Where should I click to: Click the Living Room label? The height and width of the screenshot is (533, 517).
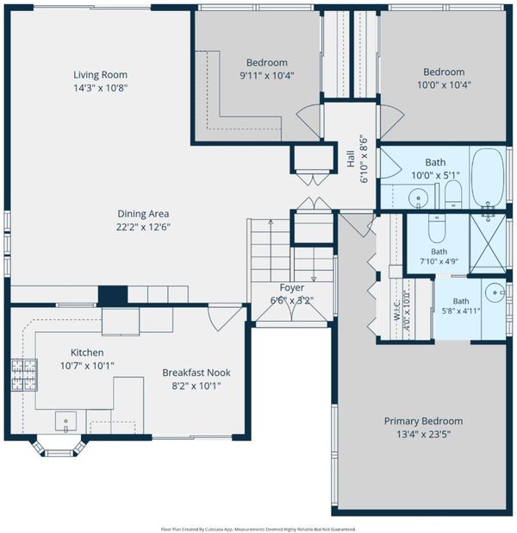point(101,75)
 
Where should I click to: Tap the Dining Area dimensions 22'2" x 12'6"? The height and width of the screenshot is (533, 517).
point(143,227)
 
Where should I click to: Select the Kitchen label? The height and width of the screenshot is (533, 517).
point(87,353)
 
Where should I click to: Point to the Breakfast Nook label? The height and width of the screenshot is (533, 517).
point(196,373)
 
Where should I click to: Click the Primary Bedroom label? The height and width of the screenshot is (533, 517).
point(423,421)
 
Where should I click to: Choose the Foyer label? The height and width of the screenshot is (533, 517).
point(292,287)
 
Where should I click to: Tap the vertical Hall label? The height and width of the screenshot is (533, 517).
point(351,159)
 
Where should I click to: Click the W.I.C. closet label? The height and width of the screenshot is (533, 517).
point(396,310)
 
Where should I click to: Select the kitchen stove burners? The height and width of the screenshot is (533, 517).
point(24,375)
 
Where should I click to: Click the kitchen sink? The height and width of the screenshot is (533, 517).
point(65,422)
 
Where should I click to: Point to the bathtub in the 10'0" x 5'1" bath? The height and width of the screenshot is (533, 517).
point(488,178)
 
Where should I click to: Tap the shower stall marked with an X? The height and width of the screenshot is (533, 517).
point(488,243)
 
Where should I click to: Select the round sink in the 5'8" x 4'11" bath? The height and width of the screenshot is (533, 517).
point(495,292)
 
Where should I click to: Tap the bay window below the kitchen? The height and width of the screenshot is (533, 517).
point(58,446)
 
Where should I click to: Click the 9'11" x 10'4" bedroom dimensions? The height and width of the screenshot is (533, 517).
point(267,75)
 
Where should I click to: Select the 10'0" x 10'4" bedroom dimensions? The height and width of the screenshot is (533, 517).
point(444,85)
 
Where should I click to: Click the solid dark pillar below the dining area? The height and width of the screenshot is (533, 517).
point(113,296)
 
